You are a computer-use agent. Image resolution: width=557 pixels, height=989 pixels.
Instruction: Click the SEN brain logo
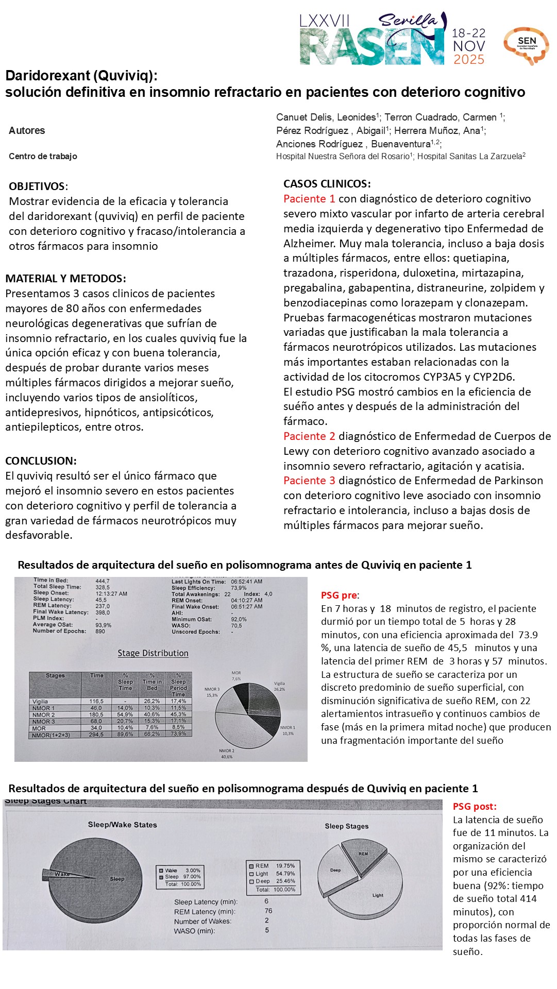pyautogui.click(x=526, y=45)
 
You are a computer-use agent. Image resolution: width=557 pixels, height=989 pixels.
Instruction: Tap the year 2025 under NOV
pyautogui.click(x=468, y=60)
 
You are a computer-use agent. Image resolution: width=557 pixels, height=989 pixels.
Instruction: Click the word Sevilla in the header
pyautogui.click(x=408, y=21)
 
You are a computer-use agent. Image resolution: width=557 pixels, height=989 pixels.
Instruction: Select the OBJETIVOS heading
pyautogui.click(x=38, y=186)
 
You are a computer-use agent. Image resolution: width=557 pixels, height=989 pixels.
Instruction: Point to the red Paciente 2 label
pyautogui.click(x=309, y=436)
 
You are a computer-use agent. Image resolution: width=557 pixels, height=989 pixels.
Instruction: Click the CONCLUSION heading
pyautogui.click(x=41, y=461)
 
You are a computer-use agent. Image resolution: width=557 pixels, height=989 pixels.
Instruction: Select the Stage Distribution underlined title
pyautogui.click(x=153, y=653)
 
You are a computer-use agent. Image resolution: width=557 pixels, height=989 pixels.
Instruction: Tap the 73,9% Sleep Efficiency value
pyautogui.click(x=239, y=588)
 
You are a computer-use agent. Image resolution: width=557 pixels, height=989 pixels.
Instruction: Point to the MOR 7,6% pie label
pyautogui.click(x=236, y=676)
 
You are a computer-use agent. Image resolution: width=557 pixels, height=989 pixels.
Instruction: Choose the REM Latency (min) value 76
pyautogui.click(x=268, y=911)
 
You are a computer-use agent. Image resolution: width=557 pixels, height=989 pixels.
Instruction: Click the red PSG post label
pyautogui.click(x=475, y=807)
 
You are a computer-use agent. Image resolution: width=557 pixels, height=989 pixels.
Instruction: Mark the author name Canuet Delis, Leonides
pyautogui.click(x=326, y=117)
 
